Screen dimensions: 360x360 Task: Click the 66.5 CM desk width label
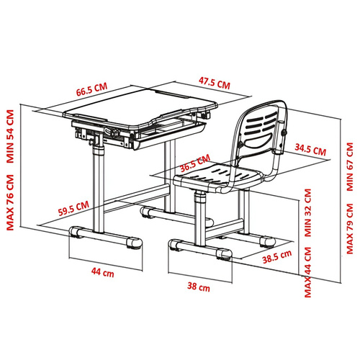(x=91, y=89)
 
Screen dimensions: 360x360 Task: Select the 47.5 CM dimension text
(x=215, y=83)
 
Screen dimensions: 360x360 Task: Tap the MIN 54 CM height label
(x=10, y=136)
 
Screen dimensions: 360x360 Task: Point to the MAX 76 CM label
(x=10, y=202)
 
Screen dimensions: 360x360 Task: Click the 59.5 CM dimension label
(x=73, y=208)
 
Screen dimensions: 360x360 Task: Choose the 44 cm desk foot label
(x=103, y=272)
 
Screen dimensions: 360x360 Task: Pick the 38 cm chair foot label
(x=199, y=287)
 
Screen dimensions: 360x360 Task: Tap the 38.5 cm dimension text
(x=276, y=257)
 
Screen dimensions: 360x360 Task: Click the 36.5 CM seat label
(x=195, y=163)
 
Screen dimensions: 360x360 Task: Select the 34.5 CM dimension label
(x=310, y=150)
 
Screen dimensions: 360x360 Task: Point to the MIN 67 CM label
(x=350, y=167)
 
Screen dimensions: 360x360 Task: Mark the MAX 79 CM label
(x=350, y=229)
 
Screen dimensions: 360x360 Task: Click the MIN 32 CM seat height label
(x=308, y=213)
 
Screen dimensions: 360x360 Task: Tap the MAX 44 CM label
(x=308, y=272)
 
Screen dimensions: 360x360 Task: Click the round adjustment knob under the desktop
(x=115, y=132)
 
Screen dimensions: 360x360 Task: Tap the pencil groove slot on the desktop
(x=172, y=94)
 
